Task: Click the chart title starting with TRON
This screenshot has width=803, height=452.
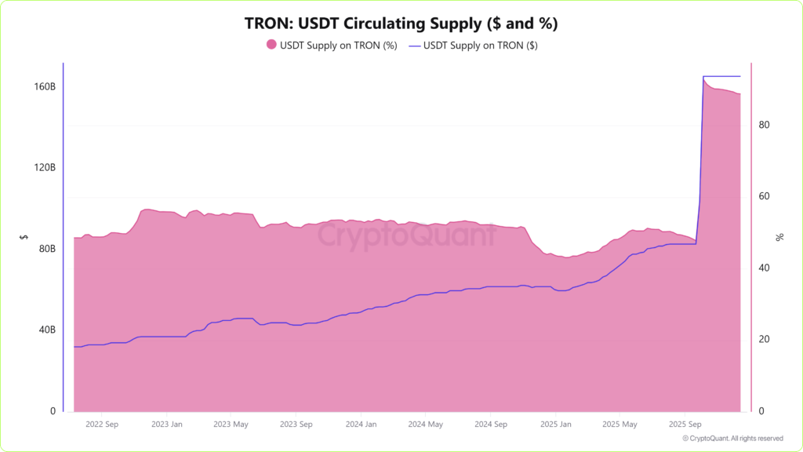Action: click(x=401, y=24)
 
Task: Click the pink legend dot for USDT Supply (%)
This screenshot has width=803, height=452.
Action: click(x=271, y=46)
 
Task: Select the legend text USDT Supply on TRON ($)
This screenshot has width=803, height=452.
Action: click(x=480, y=46)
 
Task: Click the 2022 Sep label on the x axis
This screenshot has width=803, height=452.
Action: click(x=101, y=425)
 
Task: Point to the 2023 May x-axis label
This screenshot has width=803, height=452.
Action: click(x=231, y=425)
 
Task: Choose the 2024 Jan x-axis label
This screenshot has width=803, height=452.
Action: click(x=360, y=425)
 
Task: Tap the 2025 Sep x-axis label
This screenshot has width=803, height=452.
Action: click(x=684, y=425)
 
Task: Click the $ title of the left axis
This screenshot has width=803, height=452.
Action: click(x=24, y=236)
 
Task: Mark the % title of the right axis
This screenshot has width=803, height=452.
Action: click(x=779, y=236)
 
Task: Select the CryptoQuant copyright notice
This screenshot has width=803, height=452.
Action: click(x=732, y=439)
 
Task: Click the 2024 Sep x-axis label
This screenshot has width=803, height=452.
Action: click(x=489, y=425)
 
